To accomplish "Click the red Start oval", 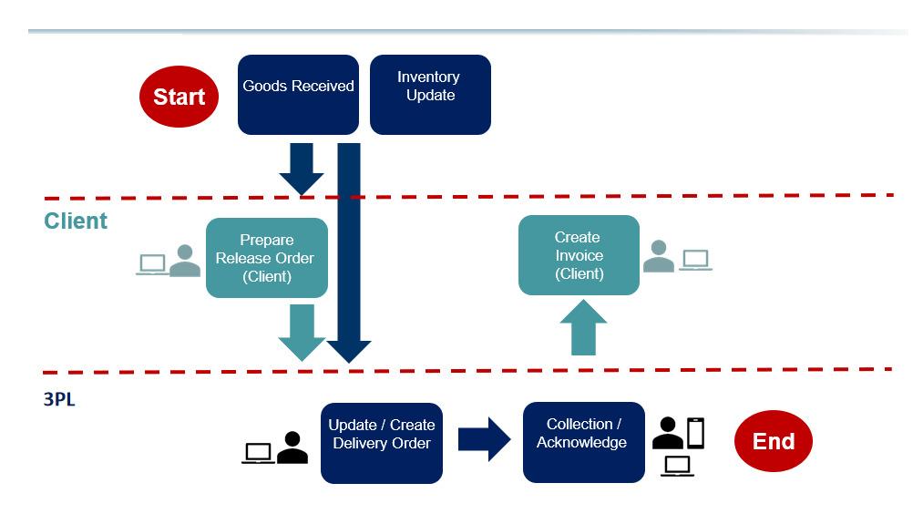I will [179, 97].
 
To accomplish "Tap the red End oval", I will [773, 442].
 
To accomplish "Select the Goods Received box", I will [298, 95].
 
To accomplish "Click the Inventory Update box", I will [429, 95].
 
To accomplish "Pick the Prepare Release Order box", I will [266, 258].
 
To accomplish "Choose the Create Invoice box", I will [579, 255].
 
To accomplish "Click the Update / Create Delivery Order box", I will [381, 443].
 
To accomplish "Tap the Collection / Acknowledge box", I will [583, 442].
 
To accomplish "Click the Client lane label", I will [76, 221].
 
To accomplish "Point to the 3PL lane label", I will [59, 398].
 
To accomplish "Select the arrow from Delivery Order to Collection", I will [484, 440].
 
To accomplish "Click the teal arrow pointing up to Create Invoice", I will [583, 328].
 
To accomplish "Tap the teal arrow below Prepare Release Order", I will [301, 332].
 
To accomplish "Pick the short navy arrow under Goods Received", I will [301, 168].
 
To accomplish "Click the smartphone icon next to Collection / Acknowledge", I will [696, 433].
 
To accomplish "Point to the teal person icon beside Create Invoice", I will [658, 258].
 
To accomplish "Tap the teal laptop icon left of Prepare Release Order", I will [151, 264].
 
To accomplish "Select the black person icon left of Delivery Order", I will [292, 447].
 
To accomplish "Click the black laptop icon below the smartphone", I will [677, 466].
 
